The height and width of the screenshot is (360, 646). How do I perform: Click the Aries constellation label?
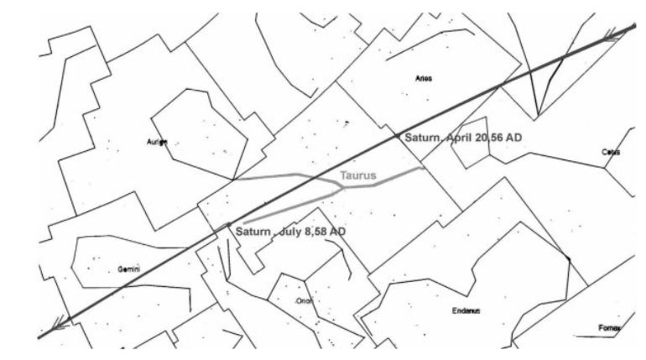click(x=424, y=79)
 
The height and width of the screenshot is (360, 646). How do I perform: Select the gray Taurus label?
click(x=357, y=176)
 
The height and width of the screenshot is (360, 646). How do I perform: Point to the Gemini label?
click(x=128, y=269)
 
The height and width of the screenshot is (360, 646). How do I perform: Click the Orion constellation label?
click(x=303, y=300)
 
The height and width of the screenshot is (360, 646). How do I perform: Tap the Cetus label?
click(x=610, y=152)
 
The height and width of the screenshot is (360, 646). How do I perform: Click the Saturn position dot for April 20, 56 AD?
click(x=397, y=134)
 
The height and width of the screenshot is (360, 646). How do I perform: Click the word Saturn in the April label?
click(x=423, y=138)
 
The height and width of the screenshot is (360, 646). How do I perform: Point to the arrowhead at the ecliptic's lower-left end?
click(x=56, y=323)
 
